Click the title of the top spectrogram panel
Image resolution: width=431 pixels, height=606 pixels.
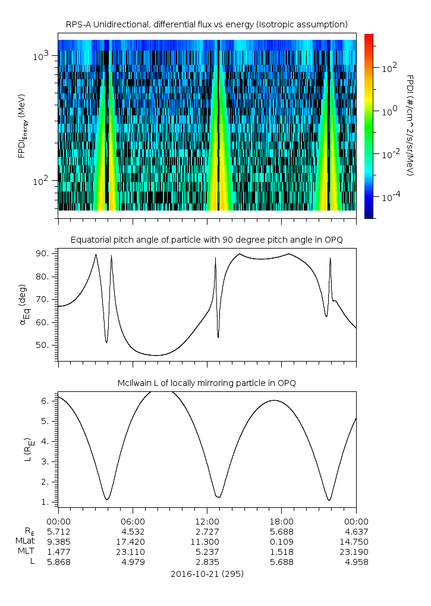pyautogui.click(x=206, y=24)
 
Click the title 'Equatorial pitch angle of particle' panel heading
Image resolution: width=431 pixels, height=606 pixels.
pyautogui.click(x=206, y=240)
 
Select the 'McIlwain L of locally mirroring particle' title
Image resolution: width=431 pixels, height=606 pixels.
pyautogui.click(x=206, y=383)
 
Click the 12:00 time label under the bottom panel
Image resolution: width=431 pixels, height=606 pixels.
pyautogui.click(x=207, y=521)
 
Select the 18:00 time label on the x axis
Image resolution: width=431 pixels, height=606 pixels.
pyautogui.click(x=281, y=521)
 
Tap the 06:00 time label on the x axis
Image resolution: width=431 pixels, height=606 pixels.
pyautogui.click(x=133, y=521)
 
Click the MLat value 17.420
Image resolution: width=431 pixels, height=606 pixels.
pyautogui.click(x=133, y=541)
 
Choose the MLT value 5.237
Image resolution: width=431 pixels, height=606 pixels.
pyautogui.click(x=207, y=551)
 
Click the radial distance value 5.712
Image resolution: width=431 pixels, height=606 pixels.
pyautogui.click(x=58, y=531)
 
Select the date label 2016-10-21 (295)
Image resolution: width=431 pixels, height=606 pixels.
pyautogui.click(x=207, y=574)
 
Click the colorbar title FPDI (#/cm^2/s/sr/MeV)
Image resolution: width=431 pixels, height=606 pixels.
pyautogui.click(x=410, y=125)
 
